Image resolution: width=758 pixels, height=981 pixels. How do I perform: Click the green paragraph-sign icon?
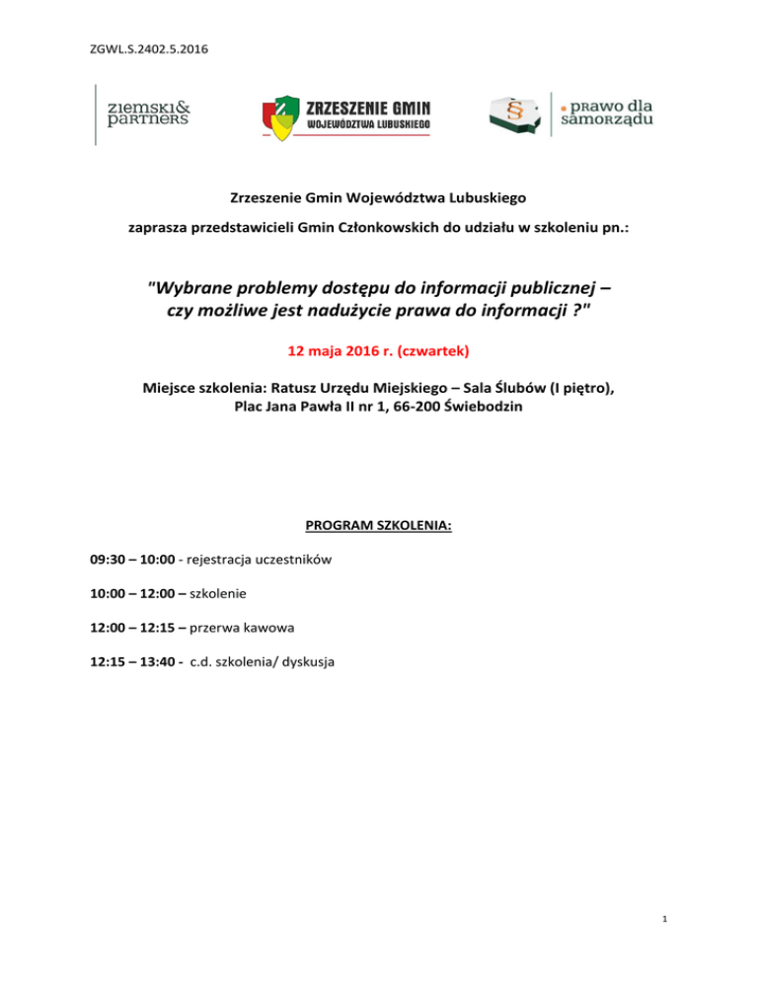(514, 113)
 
